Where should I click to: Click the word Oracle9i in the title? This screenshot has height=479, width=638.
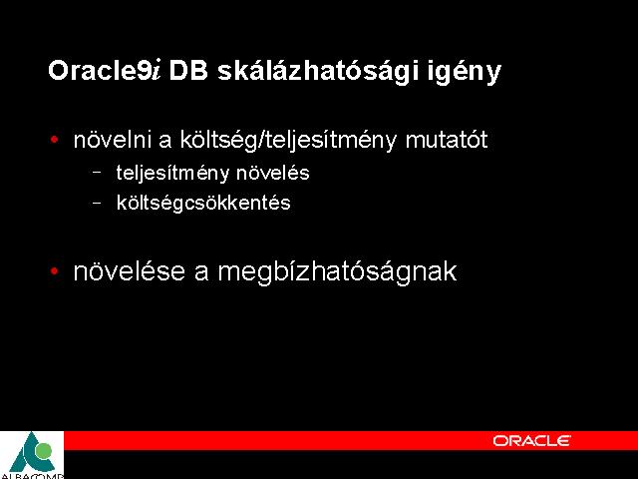(x=105, y=70)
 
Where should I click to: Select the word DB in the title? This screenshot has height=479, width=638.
(x=188, y=70)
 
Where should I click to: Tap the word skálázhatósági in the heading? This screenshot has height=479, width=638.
(x=318, y=71)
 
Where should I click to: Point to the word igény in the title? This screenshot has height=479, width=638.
(x=465, y=72)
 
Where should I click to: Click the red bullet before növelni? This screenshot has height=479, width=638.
(x=54, y=140)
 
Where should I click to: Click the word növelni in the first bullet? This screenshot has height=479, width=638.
(x=113, y=140)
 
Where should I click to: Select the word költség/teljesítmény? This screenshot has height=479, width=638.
(x=288, y=141)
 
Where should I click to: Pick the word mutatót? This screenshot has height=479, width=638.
(x=447, y=140)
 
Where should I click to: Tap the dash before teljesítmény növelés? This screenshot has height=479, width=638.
(x=97, y=172)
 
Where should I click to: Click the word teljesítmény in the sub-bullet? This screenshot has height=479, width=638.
(x=172, y=173)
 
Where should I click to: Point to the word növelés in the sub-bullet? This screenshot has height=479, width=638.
(x=272, y=173)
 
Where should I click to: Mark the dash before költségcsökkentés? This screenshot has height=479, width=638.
(x=97, y=202)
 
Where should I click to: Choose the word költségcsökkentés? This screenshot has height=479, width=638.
(x=203, y=203)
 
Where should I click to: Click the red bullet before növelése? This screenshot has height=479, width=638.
(x=54, y=270)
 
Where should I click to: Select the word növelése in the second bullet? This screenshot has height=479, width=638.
(x=129, y=271)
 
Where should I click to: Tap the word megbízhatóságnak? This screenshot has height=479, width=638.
(x=337, y=272)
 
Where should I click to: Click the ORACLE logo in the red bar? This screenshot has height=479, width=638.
(x=531, y=440)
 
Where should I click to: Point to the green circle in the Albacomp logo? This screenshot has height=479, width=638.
(x=43, y=451)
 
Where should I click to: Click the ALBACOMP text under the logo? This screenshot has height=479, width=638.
(x=32, y=476)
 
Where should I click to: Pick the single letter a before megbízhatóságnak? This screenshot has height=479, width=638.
(x=201, y=272)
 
